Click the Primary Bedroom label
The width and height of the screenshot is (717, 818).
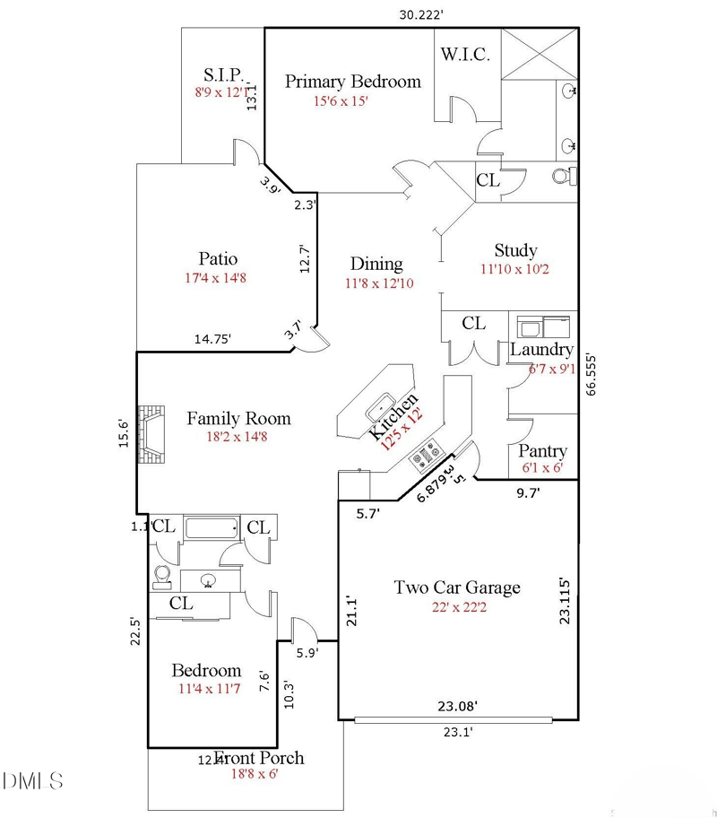[352, 82]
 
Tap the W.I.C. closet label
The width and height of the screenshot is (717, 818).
[464, 55]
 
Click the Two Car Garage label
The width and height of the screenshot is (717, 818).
[457, 587]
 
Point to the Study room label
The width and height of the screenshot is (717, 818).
[515, 250]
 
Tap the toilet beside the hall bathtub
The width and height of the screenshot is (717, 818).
[163, 575]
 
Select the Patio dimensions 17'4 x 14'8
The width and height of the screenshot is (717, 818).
[215, 278]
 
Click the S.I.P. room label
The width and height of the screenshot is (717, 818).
[221, 74]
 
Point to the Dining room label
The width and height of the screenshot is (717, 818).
[376, 264]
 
